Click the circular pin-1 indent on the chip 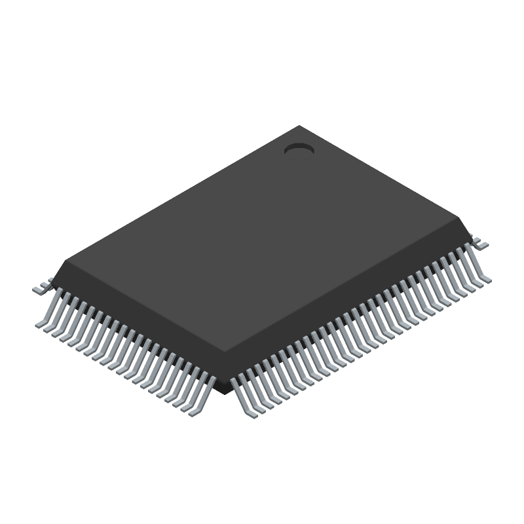pyautogui.click(x=299, y=150)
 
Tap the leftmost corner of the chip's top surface pyautogui.click(x=67, y=261)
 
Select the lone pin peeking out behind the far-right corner pyautogui.click(x=481, y=243)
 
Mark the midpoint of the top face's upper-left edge pyautogui.click(x=183, y=193)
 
